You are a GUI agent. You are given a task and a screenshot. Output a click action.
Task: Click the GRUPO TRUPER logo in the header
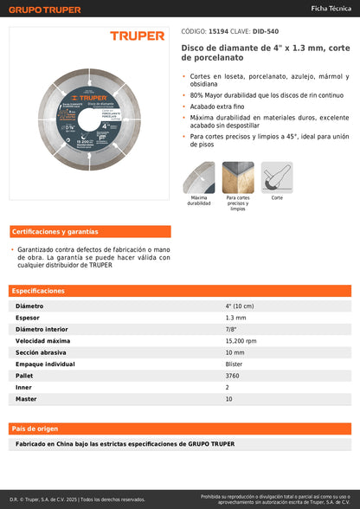(x=44, y=10)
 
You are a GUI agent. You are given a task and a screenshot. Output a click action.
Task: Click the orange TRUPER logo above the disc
(x=137, y=35)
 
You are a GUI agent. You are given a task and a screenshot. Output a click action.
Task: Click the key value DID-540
(x=266, y=30)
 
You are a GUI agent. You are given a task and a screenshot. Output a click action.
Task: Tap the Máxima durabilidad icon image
(x=198, y=177)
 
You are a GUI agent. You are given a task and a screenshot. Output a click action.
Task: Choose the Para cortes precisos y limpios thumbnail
(x=237, y=177)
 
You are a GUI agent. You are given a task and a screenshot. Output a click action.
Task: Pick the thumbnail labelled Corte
(x=277, y=177)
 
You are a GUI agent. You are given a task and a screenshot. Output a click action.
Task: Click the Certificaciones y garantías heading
(x=55, y=232)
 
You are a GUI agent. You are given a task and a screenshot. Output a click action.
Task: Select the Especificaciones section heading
(x=38, y=292)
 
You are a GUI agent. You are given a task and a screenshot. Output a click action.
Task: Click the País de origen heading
(x=35, y=428)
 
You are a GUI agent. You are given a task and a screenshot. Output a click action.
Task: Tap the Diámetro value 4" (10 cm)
(x=240, y=306)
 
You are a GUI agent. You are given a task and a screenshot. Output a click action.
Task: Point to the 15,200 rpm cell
(x=241, y=341)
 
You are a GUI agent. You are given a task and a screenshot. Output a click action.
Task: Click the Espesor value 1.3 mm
(x=235, y=318)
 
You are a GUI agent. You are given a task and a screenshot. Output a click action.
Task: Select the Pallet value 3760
(x=233, y=376)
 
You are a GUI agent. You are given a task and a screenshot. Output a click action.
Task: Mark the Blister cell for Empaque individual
(x=234, y=364)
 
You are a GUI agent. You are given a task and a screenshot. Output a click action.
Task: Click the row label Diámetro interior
(x=41, y=330)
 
